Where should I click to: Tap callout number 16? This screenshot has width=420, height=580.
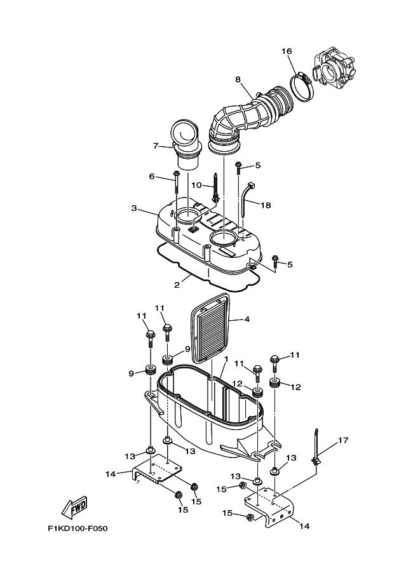tap(287, 51)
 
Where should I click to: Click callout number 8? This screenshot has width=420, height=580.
tap(238, 79)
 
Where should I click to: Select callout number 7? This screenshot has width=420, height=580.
tap(155, 146)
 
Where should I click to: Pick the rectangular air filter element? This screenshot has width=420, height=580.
tap(211, 332)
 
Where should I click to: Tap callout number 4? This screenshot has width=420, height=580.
tap(247, 320)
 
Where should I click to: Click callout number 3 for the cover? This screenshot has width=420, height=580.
tap(134, 208)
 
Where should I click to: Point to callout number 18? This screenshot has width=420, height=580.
tap(266, 205)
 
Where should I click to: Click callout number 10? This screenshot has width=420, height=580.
tap(196, 185)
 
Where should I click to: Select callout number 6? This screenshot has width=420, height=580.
tap(152, 176)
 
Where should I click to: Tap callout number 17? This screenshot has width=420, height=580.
tap(343, 440)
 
